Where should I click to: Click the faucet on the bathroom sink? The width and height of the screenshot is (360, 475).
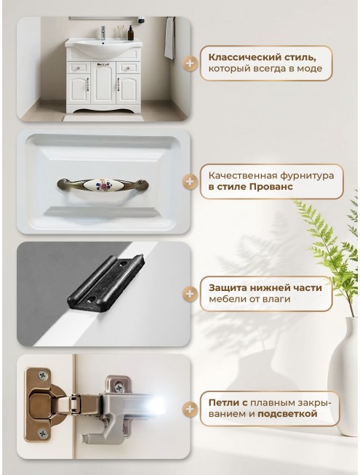click(x=103, y=33)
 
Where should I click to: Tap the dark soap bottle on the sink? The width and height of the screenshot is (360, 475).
click(x=130, y=33)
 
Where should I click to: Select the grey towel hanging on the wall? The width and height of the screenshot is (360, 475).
click(x=170, y=38)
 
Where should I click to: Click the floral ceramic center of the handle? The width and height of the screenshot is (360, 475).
click(x=102, y=183)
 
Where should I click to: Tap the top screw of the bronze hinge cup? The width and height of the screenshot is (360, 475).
click(x=43, y=375)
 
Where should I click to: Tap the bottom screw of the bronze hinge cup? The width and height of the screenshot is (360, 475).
click(x=43, y=434)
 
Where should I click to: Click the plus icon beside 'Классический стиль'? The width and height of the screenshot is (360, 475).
click(x=190, y=63)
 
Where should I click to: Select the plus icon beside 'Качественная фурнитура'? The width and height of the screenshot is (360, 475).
click(x=190, y=181)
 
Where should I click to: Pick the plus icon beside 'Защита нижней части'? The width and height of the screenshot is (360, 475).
click(x=190, y=294)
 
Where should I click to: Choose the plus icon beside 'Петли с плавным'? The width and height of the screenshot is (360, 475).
click(x=190, y=409)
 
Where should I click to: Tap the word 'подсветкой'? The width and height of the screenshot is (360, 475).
click(x=287, y=414)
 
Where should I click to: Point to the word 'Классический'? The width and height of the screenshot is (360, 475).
click(x=244, y=57)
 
